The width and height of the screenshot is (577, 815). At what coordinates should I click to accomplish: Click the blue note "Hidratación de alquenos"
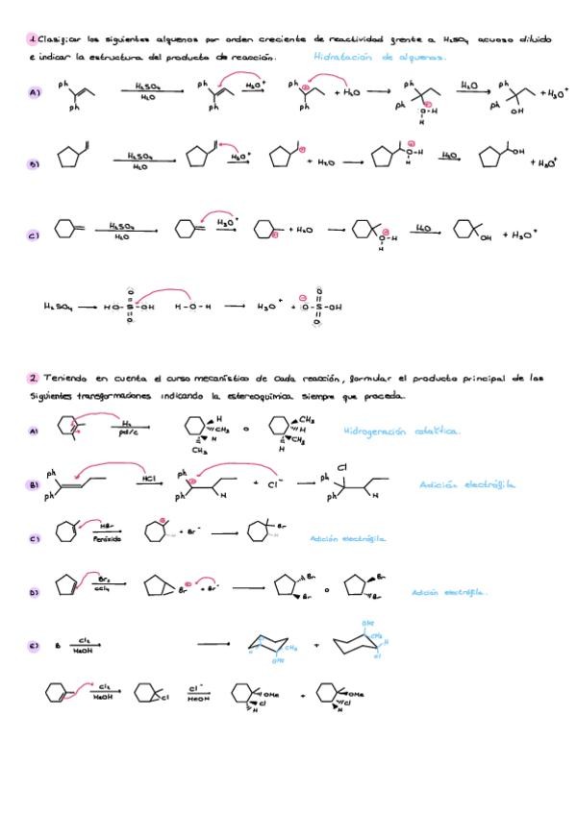[x=379, y=57]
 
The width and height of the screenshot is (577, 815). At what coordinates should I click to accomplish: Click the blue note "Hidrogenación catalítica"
[x=401, y=431]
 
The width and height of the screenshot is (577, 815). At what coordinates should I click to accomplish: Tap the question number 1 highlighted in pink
[x=32, y=39]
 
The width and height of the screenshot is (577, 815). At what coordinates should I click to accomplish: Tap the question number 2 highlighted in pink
[x=32, y=379]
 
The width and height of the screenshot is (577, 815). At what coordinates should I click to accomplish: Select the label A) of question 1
[x=35, y=93]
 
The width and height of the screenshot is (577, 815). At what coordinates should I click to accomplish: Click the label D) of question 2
[x=35, y=593]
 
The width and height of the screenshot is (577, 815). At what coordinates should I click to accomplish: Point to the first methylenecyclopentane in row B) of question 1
[x=71, y=157]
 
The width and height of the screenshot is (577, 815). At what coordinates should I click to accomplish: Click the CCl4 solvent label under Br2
[x=103, y=586]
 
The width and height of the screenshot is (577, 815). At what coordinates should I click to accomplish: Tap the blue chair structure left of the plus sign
[x=272, y=646]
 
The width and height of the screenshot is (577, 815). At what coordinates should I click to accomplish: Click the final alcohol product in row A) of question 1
[x=514, y=96]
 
